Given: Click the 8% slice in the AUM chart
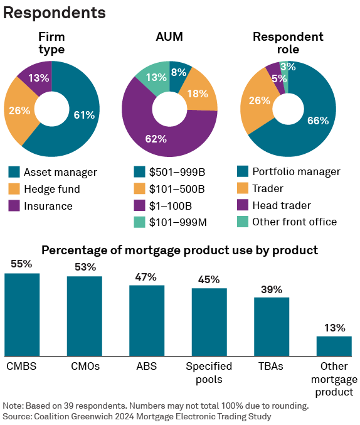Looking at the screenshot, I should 179,73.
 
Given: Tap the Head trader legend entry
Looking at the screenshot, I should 280,205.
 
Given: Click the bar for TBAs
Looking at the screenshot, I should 272,326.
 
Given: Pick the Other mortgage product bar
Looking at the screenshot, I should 334,346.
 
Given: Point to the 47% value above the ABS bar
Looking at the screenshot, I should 147,277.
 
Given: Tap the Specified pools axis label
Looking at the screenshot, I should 209,373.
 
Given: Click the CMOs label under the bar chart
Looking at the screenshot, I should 84,366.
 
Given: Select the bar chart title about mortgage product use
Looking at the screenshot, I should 179,250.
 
